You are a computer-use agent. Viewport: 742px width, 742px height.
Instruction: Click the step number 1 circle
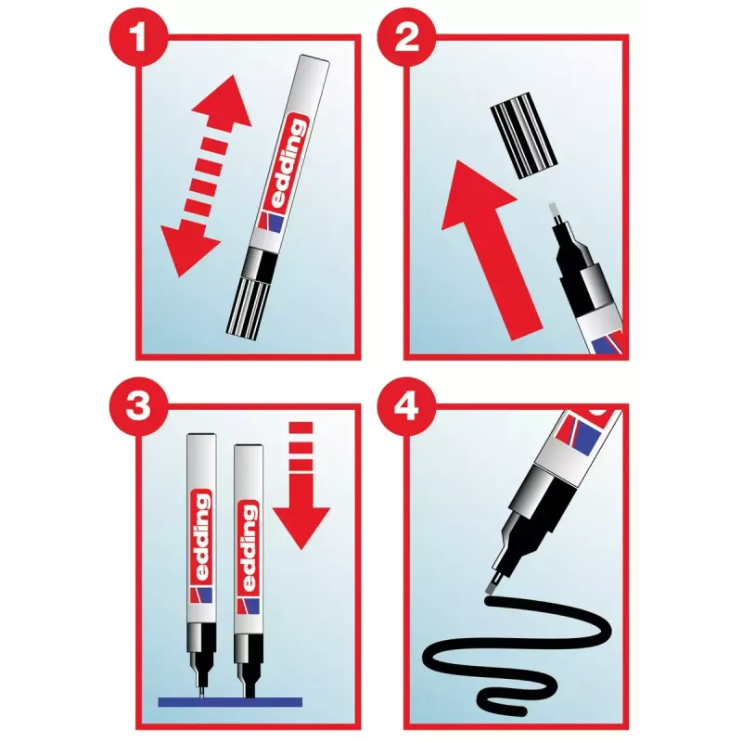(138, 36)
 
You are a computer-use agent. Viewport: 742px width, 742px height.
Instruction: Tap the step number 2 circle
(406, 36)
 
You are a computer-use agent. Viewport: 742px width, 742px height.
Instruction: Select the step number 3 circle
(138, 406)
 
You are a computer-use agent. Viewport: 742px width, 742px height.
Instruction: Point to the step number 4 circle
(406, 406)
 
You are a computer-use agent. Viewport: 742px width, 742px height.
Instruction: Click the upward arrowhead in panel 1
(224, 102)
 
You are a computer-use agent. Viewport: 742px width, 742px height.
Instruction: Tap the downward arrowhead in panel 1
(188, 249)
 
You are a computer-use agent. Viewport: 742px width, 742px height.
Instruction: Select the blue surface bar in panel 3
(230, 702)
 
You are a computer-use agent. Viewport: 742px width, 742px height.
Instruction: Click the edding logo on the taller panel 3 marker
(201, 536)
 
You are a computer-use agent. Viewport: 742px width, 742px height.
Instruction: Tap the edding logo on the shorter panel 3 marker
(249, 546)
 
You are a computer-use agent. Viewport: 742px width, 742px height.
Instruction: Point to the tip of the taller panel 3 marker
(202, 693)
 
